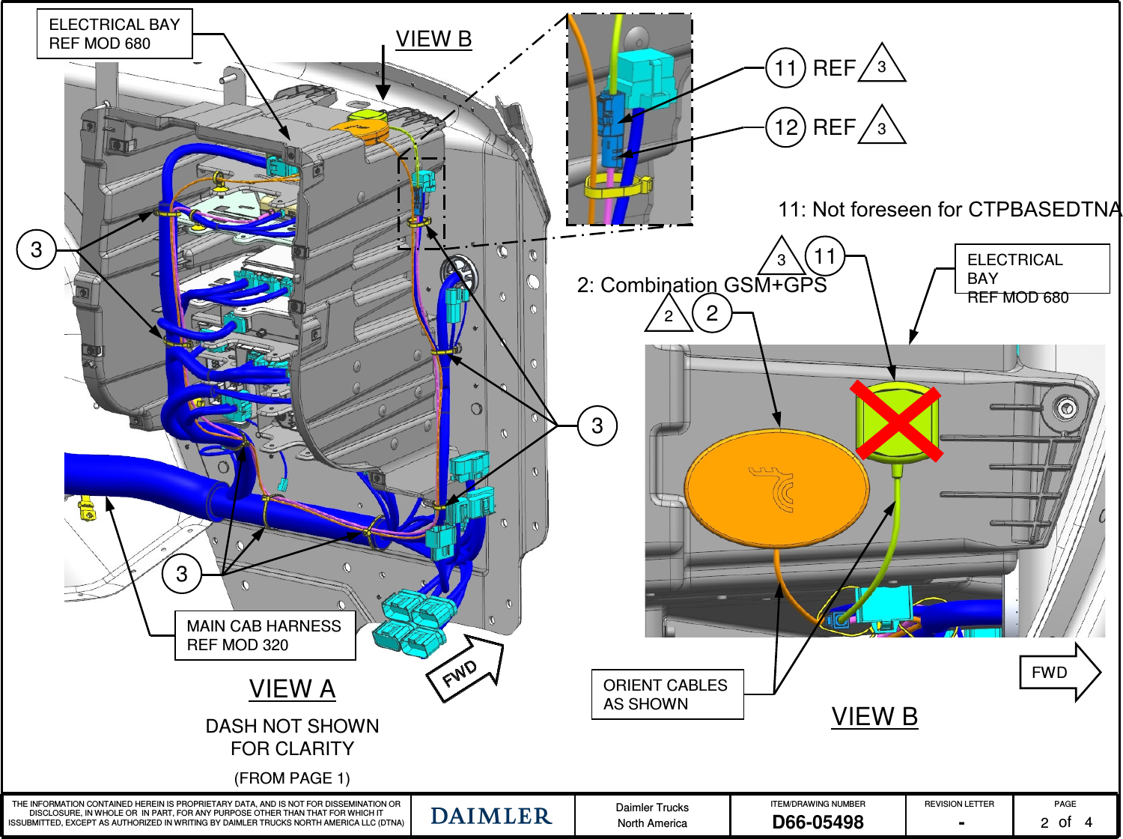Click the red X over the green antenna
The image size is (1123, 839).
[x=896, y=419]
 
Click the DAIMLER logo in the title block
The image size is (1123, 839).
[x=491, y=816]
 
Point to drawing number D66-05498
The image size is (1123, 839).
[x=818, y=823]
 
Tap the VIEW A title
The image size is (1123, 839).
[x=292, y=688]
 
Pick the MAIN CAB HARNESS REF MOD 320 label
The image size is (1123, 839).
[x=264, y=635]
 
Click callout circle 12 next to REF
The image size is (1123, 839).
[x=785, y=127]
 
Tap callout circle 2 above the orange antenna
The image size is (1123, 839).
[x=712, y=313]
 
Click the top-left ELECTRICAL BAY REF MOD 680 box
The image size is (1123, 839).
[x=115, y=34]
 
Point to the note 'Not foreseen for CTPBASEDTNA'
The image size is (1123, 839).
[x=949, y=210]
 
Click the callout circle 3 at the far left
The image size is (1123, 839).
[x=36, y=249]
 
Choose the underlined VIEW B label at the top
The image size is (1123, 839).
[x=433, y=39]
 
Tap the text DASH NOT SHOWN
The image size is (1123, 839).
[x=292, y=726]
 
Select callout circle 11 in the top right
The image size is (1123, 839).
[x=785, y=68]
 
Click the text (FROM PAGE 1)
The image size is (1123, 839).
[x=292, y=778]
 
